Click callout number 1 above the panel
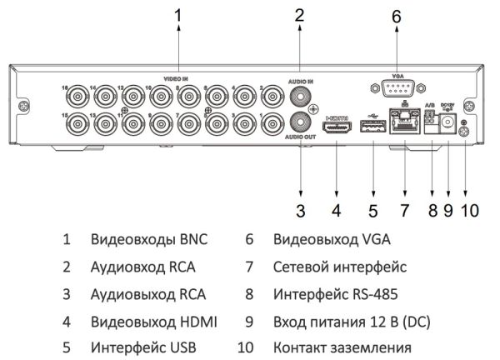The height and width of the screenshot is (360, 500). [177, 15]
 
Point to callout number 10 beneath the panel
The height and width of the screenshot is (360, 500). [470, 210]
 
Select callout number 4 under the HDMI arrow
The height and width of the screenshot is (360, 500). [336, 210]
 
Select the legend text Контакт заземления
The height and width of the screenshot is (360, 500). [342, 347]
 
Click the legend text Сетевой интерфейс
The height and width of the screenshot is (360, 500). [339, 267]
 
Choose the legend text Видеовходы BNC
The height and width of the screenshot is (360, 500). [149, 240]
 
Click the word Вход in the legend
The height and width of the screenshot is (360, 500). [288, 321]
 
